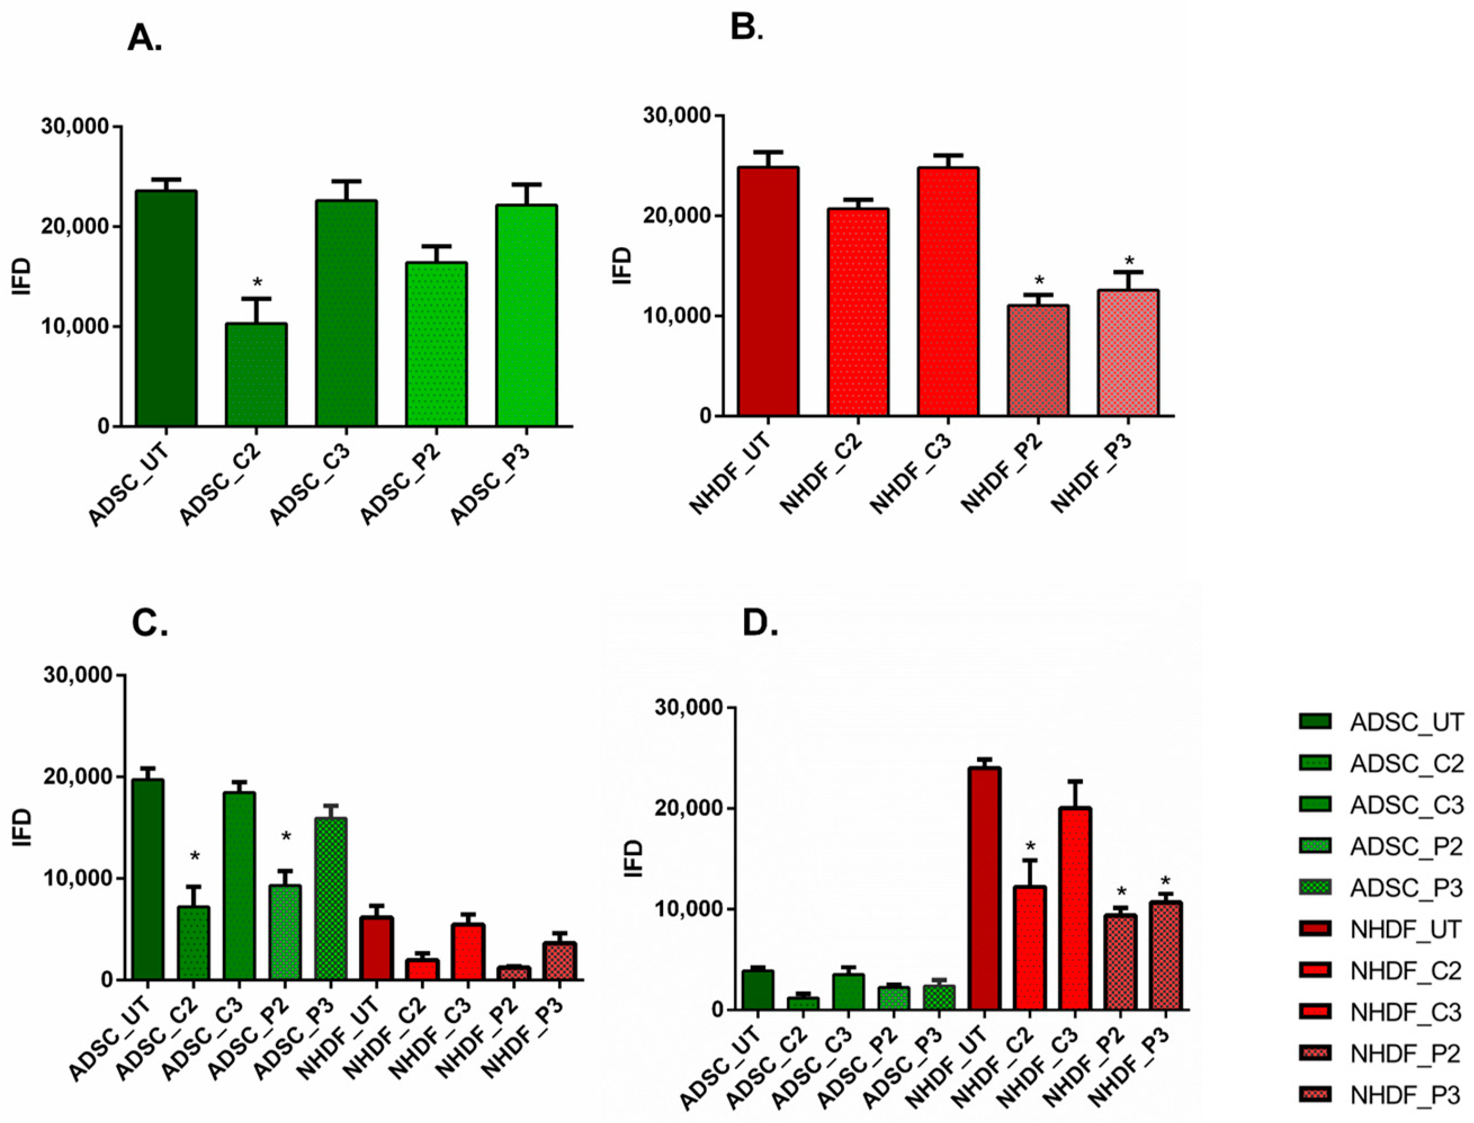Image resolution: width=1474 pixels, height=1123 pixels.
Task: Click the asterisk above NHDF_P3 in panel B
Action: tap(1129, 261)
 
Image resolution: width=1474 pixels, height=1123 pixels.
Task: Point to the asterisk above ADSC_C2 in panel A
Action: tap(257, 283)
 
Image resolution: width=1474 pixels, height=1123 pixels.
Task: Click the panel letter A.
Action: tap(144, 40)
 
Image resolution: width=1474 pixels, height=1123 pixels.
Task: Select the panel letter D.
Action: tap(760, 623)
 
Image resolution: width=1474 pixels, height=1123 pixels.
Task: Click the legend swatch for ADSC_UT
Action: tap(1314, 722)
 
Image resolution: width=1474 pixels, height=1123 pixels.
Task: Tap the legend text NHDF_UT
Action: tap(1406, 930)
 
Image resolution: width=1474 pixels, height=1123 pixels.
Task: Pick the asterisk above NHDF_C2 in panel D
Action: tap(1030, 845)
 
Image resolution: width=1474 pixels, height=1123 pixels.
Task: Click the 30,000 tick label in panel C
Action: tap(78, 675)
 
